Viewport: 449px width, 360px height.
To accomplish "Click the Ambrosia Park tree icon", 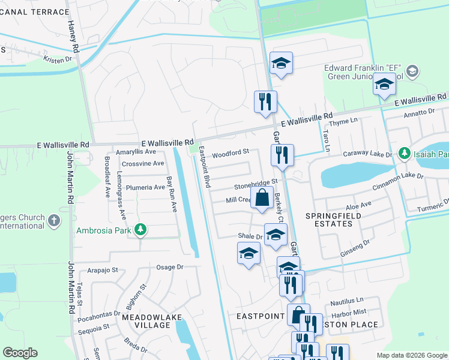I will click(x=140, y=230).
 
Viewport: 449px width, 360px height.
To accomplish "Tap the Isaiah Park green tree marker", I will click(x=405, y=154).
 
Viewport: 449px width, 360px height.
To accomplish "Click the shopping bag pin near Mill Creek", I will click(x=262, y=197).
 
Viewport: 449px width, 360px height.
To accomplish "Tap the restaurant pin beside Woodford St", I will click(x=282, y=155).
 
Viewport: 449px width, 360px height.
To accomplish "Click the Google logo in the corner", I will click(x=20, y=353).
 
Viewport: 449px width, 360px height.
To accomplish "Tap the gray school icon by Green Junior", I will click(x=412, y=72).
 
